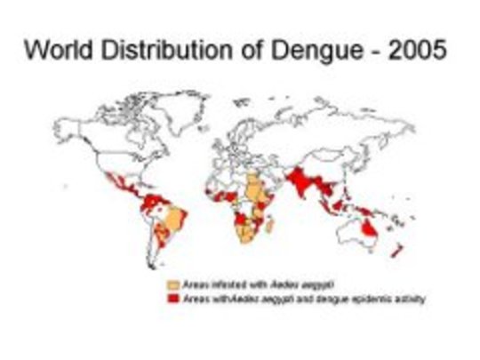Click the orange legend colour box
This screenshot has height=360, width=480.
click(174, 284)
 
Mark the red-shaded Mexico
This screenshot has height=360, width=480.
click(119, 181)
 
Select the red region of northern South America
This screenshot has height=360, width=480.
click(151, 200)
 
